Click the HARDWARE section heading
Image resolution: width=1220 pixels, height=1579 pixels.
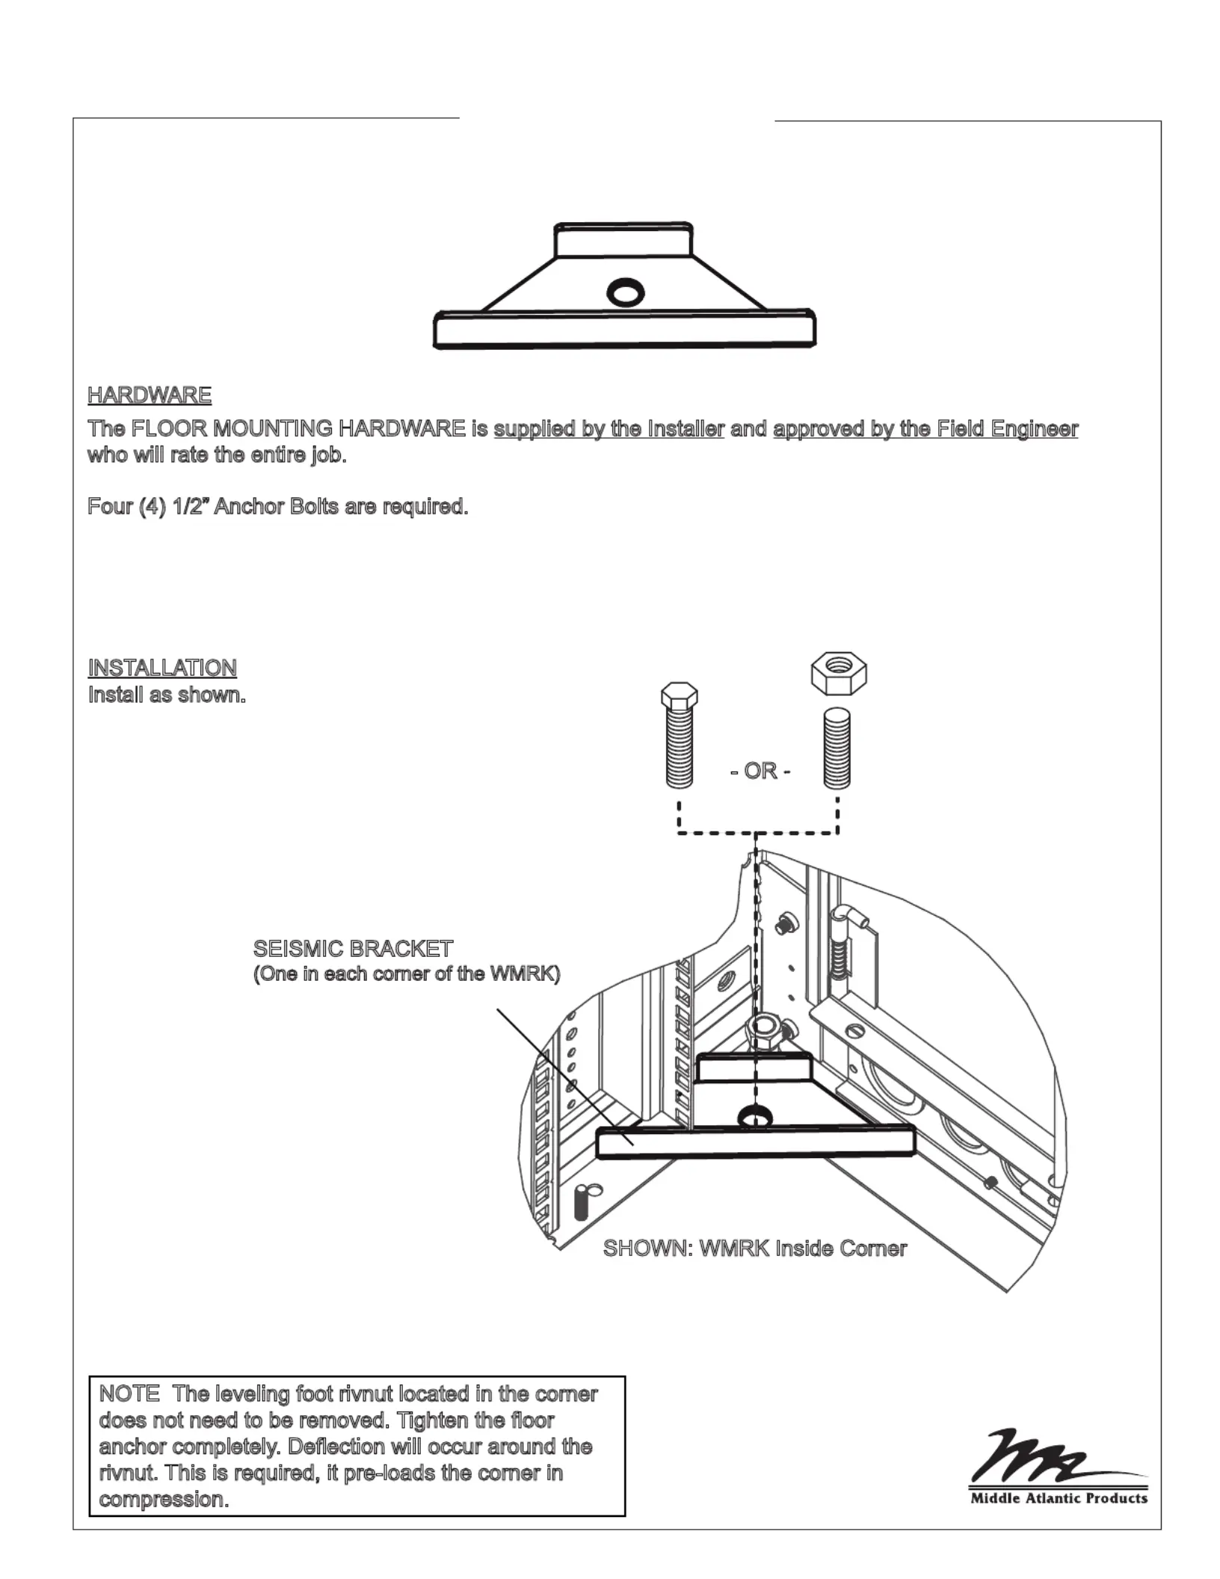click(x=150, y=395)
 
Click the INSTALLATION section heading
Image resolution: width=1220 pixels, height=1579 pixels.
click(x=162, y=668)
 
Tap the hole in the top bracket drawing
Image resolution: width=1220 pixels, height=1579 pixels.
click(x=625, y=292)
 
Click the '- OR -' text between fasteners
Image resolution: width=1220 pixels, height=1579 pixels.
click(x=760, y=771)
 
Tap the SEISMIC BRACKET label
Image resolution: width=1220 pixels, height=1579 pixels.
click(x=353, y=949)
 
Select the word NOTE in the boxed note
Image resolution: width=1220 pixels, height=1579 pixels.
click(x=129, y=1394)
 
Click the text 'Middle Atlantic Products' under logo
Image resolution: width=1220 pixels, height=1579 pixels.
click(x=1059, y=1498)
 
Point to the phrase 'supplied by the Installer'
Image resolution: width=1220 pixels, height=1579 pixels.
click(x=609, y=429)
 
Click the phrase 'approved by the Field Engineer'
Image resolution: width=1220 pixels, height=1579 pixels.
click(x=925, y=429)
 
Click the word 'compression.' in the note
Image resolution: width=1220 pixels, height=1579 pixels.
click(x=164, y=1499)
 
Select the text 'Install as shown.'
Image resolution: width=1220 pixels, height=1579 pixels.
click(x=167, y=695)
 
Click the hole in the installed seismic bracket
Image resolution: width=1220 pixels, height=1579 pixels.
click(x=756, y=1116)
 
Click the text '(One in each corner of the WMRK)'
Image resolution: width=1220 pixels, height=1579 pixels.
click(x=407, y=974)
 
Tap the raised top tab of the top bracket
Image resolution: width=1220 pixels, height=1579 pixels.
click(x=623, y=241)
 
